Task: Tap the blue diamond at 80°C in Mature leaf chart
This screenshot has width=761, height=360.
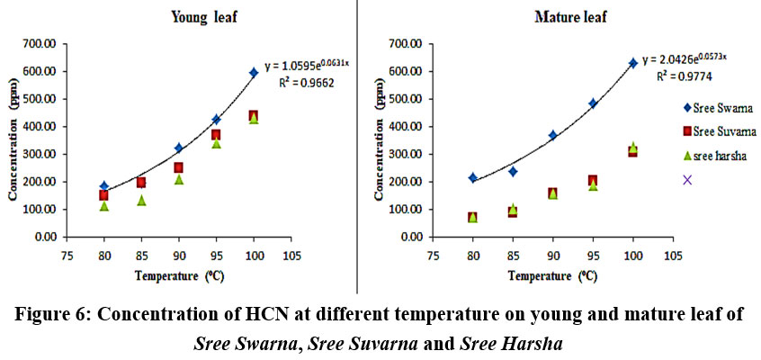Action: click(473, 177)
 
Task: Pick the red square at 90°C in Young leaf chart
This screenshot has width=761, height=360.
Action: click(179, 167)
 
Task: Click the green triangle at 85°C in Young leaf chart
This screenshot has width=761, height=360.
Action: click(141, 200)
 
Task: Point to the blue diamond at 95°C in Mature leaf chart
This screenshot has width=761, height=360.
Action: click(593, 103)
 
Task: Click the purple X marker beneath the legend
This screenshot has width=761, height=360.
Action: click(688, 180)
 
